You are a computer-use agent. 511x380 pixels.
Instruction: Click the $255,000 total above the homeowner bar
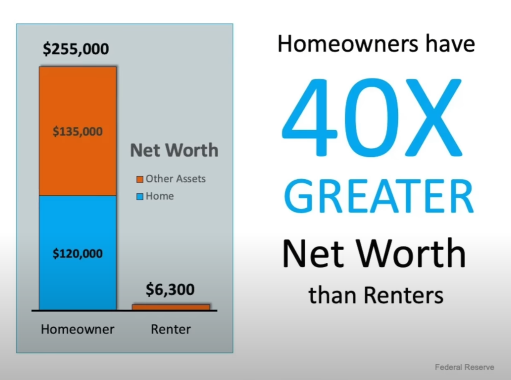[x=76, y=49]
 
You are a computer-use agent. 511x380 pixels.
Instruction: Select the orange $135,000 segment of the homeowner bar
[x=77, y=131]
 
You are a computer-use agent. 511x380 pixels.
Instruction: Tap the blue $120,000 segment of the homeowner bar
[x=77, y=253]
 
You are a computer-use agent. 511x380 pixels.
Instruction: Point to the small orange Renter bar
[x=171, y=307]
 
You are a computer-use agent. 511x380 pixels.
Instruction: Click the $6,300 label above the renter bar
[x=170, y=290]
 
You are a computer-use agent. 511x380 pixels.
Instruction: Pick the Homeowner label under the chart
[x=77, y=329]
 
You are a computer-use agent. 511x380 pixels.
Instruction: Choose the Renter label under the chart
[x=171, y=329]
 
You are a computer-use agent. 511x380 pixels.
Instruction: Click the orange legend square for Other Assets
[x=140, y=179]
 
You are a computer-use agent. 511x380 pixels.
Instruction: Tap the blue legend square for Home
[x=140, y=197]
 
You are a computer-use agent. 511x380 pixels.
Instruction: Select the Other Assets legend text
[x=176, y=179]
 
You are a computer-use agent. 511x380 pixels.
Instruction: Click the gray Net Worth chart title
[x=174, y=150]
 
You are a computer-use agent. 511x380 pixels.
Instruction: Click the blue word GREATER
[x=379, y=196]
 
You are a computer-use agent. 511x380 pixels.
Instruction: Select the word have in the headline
[x=450, y=44]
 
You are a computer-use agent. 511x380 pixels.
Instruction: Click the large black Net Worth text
[x=374, y=253]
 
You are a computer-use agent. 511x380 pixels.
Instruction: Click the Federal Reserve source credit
[x=464, y=367]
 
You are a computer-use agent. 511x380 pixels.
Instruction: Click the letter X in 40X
[x=434, y=117]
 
